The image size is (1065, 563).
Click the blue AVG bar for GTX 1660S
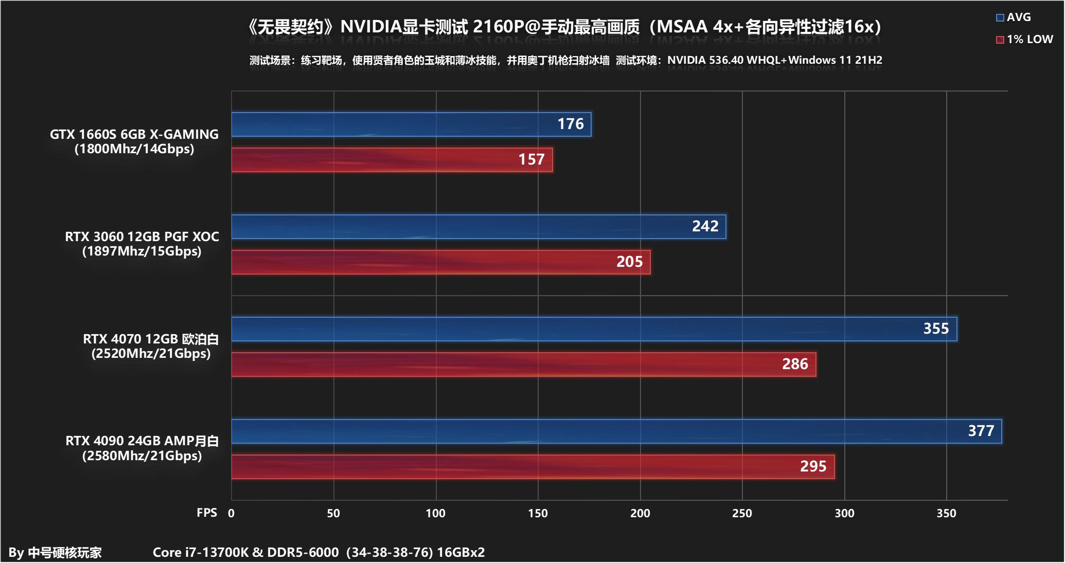coord(391,124)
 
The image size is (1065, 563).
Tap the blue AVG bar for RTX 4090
coord(592,431)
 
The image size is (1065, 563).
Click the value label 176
coord(571,124)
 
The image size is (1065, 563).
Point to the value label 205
coord(629,262)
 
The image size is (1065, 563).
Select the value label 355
coord(936,329)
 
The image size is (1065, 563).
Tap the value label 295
coord(813,466)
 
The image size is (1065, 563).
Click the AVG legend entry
coord(1014,17)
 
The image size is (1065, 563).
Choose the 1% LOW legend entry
coord(1024,40)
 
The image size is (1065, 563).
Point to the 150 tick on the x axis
coord(538,513)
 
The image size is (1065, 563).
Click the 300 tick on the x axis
coord(844,513)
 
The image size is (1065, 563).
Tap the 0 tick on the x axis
coord(232,513)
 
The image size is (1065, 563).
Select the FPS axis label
coord(207,513)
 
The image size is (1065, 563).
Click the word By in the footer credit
coord(16,553)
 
